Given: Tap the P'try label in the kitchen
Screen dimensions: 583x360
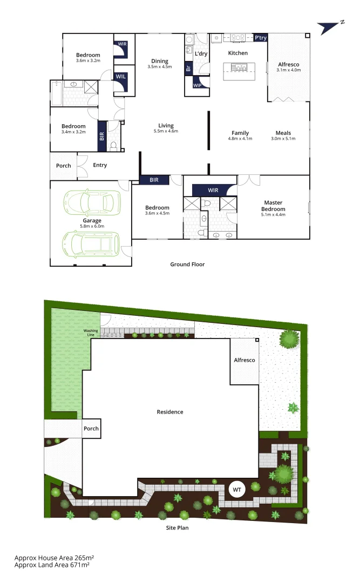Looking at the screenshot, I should coord(261,38).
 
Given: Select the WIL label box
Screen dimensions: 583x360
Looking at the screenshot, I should coord(121,77).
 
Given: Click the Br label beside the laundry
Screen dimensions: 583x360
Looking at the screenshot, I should coord(188,69).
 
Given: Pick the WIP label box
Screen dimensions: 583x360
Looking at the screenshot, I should coord(197,85).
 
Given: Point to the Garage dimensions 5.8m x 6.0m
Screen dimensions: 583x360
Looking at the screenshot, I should coord(92,226).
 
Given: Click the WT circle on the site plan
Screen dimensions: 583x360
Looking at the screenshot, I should coord(236,489).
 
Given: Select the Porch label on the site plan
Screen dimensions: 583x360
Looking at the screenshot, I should coord(91,429).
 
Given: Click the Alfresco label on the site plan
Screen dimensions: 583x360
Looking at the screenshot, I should coord(244,360).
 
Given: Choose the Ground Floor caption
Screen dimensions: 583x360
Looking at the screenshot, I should coord(187,265).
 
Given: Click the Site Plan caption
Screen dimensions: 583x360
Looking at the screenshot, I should coord(177,528).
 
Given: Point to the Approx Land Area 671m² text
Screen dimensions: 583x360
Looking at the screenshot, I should coord(52,565).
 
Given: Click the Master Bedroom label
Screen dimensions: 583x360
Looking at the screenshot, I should coord(274,206).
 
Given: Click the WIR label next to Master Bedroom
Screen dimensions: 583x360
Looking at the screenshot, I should coord(213,190).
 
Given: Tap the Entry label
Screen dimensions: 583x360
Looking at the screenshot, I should coord(100,165).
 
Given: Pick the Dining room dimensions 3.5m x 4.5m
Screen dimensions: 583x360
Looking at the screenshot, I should coord(160,67).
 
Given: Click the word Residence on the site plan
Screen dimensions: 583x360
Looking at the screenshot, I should coord(170,412).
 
